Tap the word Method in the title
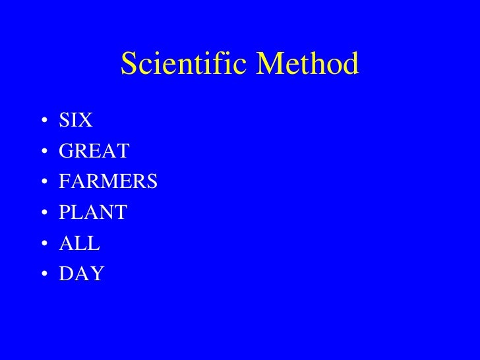point(309,64)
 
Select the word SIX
point(76,121)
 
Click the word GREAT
point(94,152)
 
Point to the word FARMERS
point(108,182)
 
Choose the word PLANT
point(93,213)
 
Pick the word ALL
point(79,243)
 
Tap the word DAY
point(81,274)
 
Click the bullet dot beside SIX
point(43,122)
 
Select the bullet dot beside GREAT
point(43,152)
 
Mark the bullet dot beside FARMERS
point(43,183)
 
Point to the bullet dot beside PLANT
point(43,214)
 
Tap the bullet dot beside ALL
point(43,244)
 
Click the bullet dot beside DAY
point(43,274)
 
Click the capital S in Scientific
point(129,64)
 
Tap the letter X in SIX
point(86,121)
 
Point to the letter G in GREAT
point(66,152)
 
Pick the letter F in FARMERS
point(64,182)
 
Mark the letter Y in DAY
point(97,274)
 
